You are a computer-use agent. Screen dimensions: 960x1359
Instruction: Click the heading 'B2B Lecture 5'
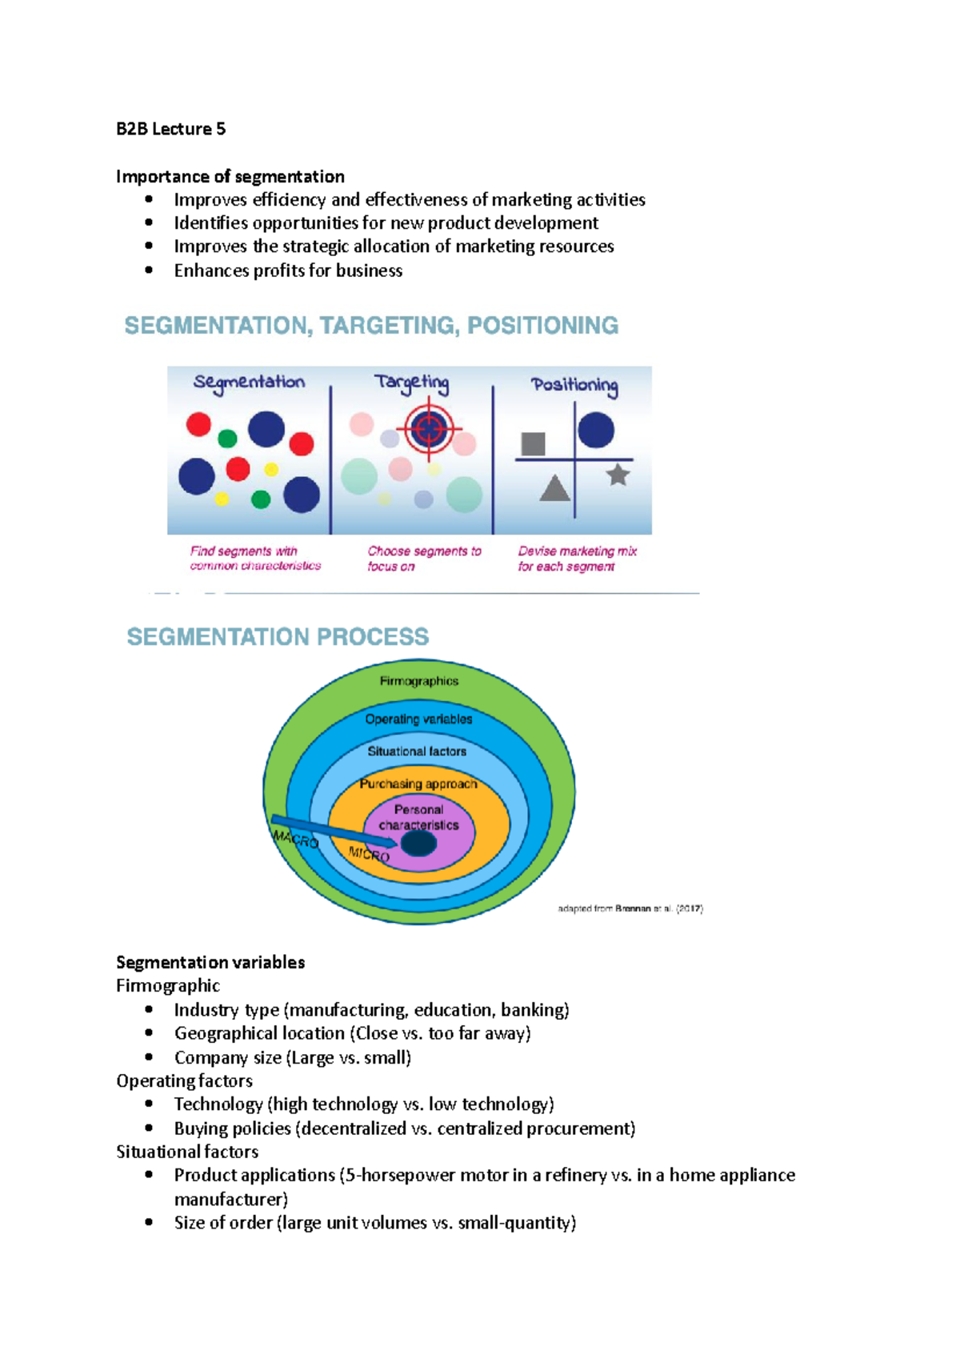(x=170, y=129)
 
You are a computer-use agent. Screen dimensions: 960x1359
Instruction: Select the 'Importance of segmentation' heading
(x=230, y=177)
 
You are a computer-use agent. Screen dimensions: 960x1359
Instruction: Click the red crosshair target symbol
(x=429, y=429)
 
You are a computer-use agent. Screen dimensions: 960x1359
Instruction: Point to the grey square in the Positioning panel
(x=533, y=443)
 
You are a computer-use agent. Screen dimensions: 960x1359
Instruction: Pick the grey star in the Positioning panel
(x=618, y=475)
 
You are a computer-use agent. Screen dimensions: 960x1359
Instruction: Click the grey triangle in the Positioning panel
(x=555, y=487)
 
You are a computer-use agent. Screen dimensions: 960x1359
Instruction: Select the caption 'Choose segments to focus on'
(x=424, y=558)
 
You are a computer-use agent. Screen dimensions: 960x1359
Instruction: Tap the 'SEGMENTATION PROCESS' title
(x=278, y=636)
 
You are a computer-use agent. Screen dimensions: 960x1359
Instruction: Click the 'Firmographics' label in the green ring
(x=419, y=681)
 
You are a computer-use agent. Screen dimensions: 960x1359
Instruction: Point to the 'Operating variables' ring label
(x=418, y=719)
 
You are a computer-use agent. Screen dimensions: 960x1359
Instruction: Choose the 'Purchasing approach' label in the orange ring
(x=418, y=784)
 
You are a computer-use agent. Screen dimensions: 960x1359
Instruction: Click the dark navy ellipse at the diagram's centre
(x=418, y=844)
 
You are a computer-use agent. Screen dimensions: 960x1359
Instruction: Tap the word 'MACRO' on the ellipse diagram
(x=295, y=839)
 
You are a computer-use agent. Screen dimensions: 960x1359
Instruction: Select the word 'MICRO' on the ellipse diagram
(x=370, y=854)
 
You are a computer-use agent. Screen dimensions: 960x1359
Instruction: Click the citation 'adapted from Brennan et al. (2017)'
(x=630, y=909)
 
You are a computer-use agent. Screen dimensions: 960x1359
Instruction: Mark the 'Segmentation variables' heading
(x=210, y=962)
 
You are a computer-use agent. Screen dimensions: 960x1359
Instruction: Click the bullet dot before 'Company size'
(x=149, y=1056)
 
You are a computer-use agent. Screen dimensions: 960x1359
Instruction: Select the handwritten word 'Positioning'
(x=574, y=386)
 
